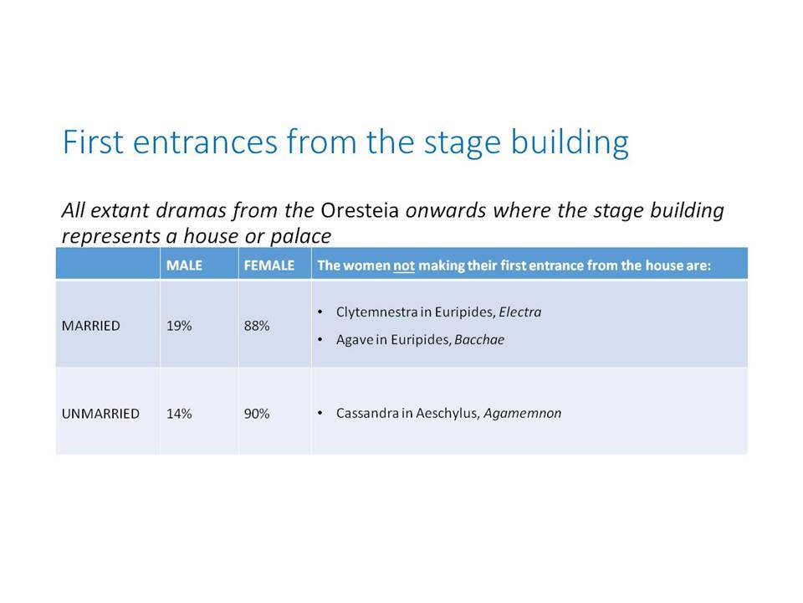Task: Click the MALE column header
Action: pos(184,265)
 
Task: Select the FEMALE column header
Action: pos(269,265)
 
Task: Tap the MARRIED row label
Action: pos(90,326)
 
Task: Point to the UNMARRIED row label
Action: pos(100,413)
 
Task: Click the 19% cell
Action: pos(179,326)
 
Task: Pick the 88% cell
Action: pos(257,326)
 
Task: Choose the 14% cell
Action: pos(179,413)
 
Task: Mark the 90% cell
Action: pos(257,413)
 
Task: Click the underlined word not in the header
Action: pos(403,265)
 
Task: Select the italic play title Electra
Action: pos(519,312)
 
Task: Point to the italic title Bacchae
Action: pos(478,339)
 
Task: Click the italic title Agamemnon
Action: pos(522,413)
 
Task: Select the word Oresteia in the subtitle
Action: pos(360,210)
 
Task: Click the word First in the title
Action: pos(93,142)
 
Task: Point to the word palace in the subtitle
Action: pos(300,236)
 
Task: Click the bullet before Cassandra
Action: pos(320,413)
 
